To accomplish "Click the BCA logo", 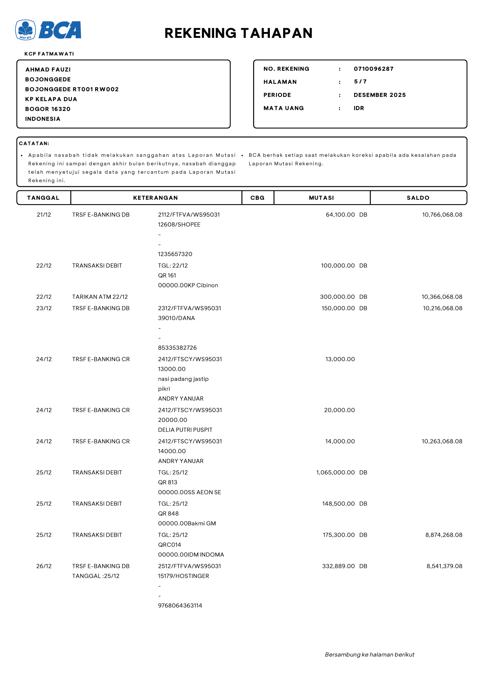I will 48,30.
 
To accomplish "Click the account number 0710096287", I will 373,69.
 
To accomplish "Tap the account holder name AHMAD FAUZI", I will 48,69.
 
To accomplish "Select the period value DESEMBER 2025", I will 379,95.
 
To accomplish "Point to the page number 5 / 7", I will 360,82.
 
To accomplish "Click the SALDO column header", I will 418,198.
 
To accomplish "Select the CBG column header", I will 257,198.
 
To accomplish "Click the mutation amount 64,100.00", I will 340,215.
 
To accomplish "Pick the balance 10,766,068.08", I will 442,215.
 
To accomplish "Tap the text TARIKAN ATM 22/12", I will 100,297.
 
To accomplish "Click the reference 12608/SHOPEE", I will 179,224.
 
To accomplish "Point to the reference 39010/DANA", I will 176,318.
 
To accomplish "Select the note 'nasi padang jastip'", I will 183,379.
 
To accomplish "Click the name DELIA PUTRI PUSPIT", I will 185,430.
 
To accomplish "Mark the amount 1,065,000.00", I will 335,472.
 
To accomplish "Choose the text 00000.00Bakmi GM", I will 187,523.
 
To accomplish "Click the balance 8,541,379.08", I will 444,566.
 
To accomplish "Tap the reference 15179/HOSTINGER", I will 183,576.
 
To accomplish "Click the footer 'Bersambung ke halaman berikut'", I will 369,655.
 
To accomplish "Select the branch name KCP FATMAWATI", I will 49,54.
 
